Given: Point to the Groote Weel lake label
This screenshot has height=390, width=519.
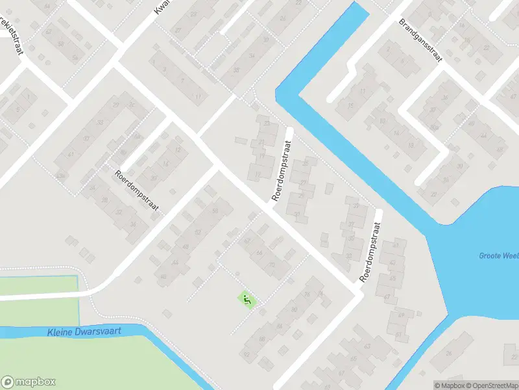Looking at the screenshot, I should pyautogui.click(x=498, y=255).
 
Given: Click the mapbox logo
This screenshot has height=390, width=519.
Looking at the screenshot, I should pyautogui.click(x=29, y=382).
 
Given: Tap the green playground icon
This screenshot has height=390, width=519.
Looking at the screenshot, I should pyautogui.click(x=247, y=300).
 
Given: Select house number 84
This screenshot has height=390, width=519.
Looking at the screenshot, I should pyautogui.click(x=280, y=326).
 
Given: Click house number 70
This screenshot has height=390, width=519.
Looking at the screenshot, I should pyautogui.click(x=271, y=265).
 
